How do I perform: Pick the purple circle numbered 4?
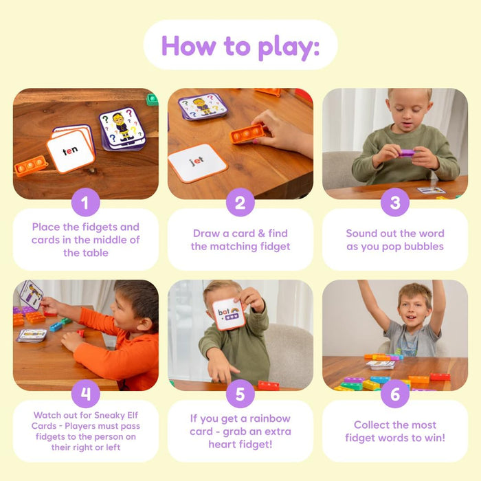[86, 394]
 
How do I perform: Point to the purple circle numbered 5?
[240, 394]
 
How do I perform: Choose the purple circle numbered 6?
[395, 394]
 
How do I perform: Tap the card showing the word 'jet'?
[197, 162]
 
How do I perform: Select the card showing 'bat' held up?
[228, 315]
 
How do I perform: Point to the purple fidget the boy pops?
[407, 153]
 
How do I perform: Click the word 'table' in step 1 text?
[85, 253]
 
